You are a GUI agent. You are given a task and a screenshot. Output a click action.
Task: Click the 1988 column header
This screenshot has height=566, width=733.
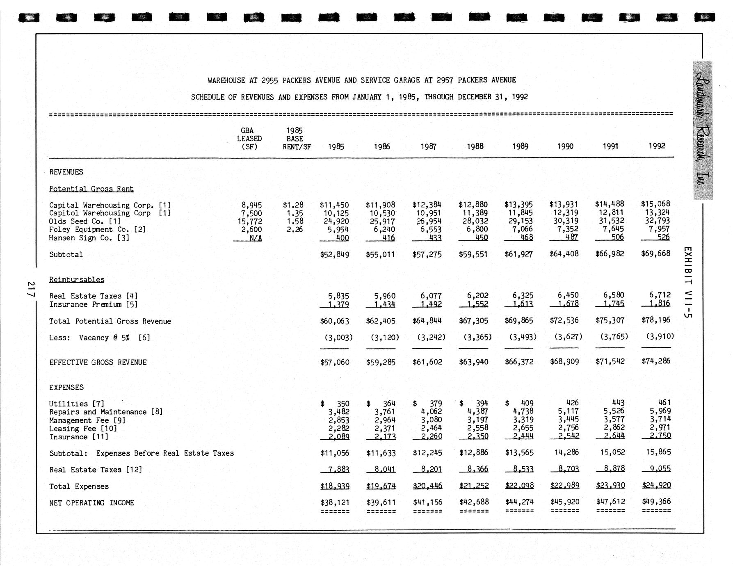click(x=475, y=146)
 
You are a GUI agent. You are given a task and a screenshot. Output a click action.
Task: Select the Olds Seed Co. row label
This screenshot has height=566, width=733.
click(x=79, y=221)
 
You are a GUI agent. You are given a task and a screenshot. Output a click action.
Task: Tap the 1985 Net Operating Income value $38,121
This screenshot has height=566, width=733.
click(x=335, y=502)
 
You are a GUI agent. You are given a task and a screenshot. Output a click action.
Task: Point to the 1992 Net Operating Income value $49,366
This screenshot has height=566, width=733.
click(x=656, y=501)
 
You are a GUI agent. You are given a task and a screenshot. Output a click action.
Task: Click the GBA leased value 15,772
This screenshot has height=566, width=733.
click(x=249, y=221)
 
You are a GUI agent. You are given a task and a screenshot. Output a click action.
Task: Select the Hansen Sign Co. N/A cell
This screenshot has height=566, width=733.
click(x=256, y=238)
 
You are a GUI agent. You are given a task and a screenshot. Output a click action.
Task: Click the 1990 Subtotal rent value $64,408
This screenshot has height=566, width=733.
click(x=564, y=254)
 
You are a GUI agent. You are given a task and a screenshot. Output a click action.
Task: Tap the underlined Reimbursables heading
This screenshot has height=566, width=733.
click(x=77, y=280)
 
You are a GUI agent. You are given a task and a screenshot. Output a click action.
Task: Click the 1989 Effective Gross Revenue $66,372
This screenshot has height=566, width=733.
click(x=518, y=362)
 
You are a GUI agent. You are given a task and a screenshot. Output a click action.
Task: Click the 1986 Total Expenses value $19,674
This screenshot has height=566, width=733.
click(x=381, y=486)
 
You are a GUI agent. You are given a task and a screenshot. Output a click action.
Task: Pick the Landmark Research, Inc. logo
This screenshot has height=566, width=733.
click(x=703, y=130)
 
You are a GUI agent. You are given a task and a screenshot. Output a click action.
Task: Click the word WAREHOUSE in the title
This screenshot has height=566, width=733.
click(x=226, y=80)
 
